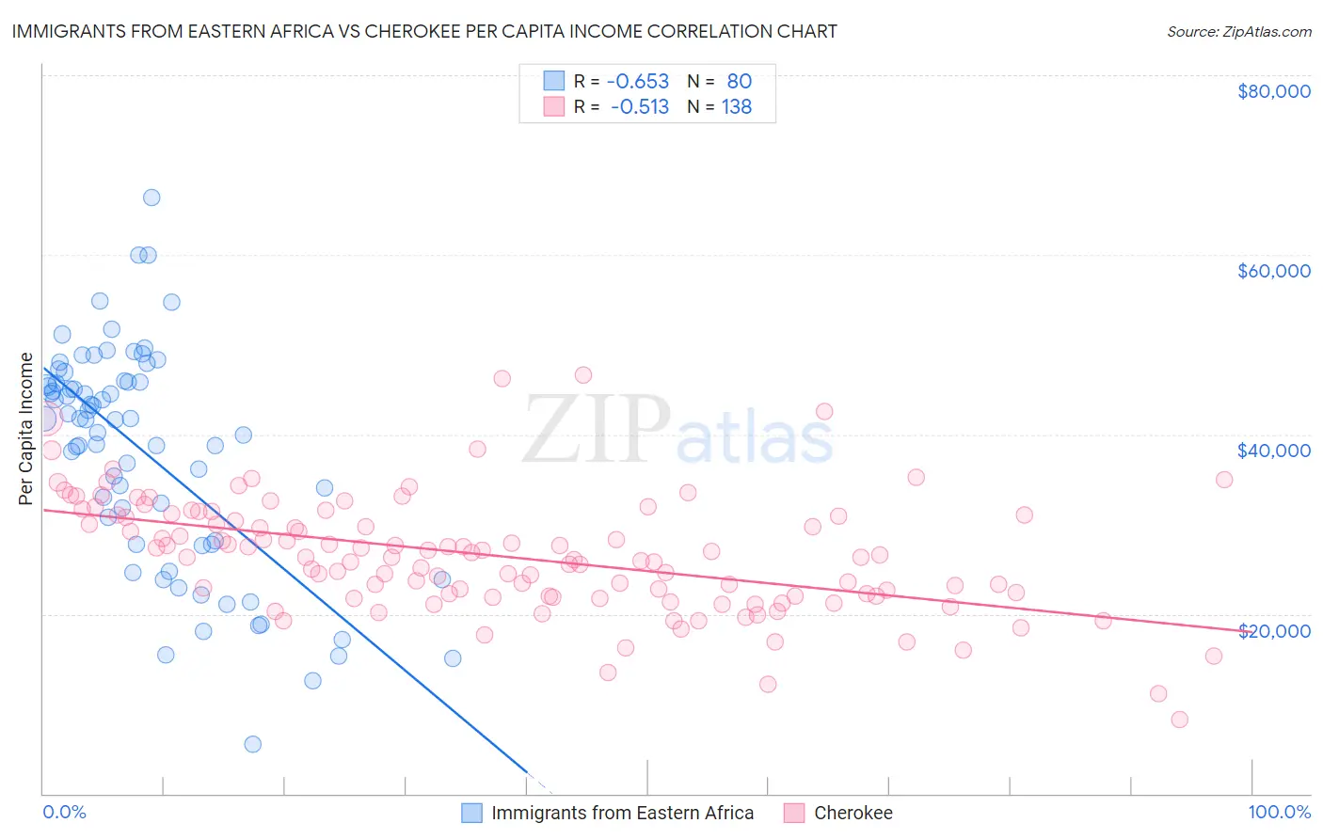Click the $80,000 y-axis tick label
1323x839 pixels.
tap(1273, 91)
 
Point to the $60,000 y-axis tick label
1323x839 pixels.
tap(1273, 271)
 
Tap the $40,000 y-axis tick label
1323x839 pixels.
tap(1273, 451)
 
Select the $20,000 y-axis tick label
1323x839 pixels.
tap(1273, 630)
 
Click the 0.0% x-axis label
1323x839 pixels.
tap(64, 812)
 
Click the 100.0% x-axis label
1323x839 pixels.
tap(1279, 812)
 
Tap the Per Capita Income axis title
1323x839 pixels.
tap(26, 429)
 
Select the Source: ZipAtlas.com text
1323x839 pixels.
tap(1238, 31)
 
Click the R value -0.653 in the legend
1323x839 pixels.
tap(637, 82)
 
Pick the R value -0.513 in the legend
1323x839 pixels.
tap(639, 107)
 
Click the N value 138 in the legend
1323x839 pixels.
tap(736, 107)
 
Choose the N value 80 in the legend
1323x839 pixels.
tap(739, 82)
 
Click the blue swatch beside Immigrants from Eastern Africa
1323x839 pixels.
tap(471, 813)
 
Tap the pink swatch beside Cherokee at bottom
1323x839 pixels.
tap(794, 813)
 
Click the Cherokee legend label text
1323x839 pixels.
tap(853, 813)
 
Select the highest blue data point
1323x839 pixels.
tap(151, 198)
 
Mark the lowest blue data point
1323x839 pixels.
tap(252, 744)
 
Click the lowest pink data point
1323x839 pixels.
tap(1179, 720)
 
